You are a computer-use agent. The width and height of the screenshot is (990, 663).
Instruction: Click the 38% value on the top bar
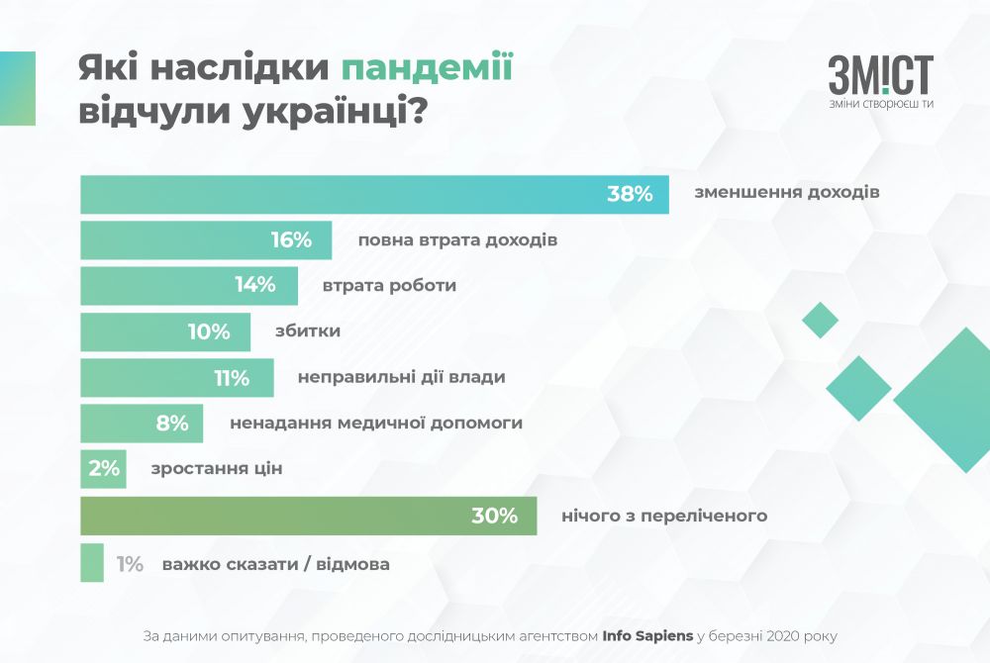coord(630,194)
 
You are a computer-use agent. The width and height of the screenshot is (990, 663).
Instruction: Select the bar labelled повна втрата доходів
coord(205,240)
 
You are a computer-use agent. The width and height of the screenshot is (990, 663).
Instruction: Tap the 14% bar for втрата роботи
coord(188,286)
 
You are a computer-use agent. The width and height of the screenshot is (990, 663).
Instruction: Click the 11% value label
coord(228,377)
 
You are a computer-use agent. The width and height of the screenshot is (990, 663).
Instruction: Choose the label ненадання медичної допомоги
coord(375,423)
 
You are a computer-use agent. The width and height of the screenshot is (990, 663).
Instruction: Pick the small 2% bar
coord(103,469)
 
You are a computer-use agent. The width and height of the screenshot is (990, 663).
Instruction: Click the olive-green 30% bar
coord(308,516)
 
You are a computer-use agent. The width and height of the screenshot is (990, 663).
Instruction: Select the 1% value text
coord(130,564)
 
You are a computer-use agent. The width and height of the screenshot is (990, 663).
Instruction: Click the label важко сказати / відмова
coord(275,564)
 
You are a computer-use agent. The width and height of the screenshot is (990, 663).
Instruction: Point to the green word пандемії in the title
coord(427,68)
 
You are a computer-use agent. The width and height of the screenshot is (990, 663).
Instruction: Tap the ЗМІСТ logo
coord(880,76)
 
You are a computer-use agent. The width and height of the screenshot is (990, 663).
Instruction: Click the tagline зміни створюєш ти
coord(881,105)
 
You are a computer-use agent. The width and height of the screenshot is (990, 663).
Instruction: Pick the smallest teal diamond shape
coord(820,320)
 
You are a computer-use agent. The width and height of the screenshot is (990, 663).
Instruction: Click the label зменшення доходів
coord(787,194)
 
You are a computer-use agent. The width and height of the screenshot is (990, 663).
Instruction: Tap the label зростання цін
coord(217,469)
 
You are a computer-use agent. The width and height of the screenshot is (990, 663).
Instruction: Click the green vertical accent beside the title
coord(17,88)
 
